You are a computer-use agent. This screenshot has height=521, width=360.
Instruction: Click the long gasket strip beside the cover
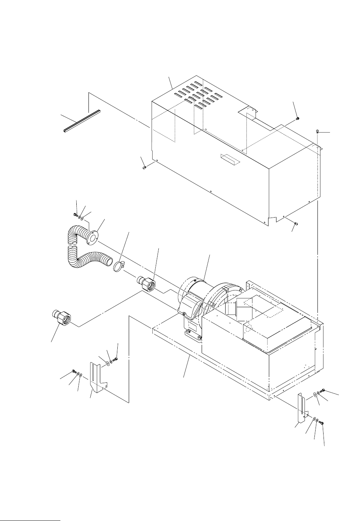point(81,121)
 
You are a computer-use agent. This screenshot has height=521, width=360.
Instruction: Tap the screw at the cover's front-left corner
point(144,167)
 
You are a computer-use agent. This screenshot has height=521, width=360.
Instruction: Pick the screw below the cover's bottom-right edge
point(297,224)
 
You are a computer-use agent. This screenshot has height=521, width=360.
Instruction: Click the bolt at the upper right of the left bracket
point(115,359)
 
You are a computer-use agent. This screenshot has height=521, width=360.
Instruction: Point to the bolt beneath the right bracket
point(321,422)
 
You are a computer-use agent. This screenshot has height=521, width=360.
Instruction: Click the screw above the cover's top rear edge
point(298,119)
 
